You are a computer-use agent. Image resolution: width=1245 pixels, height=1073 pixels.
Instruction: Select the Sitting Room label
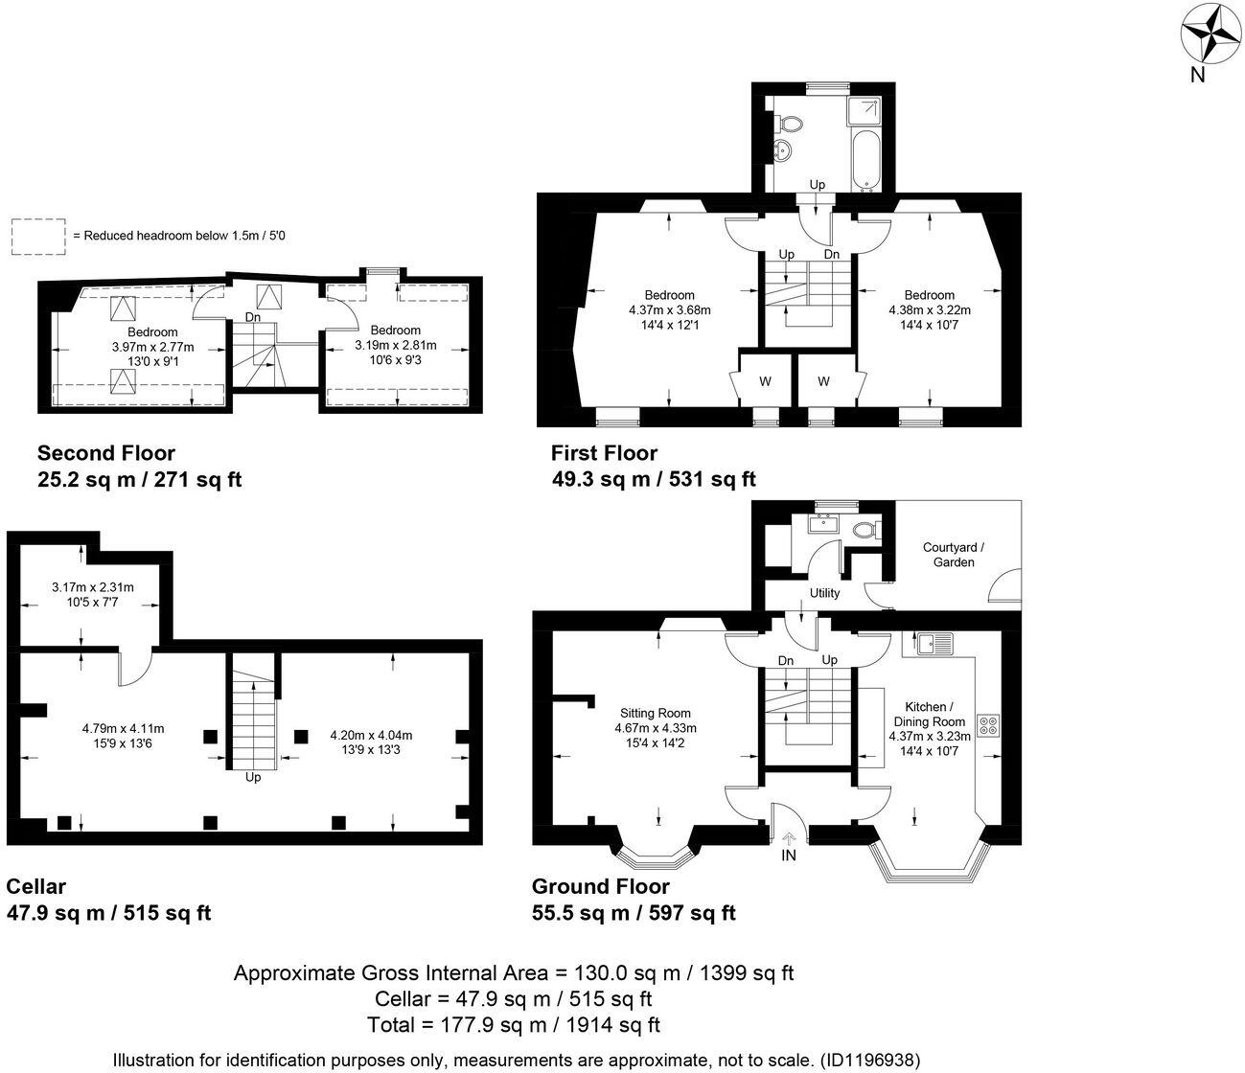655,713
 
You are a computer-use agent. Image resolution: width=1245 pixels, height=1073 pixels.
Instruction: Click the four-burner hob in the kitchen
988,724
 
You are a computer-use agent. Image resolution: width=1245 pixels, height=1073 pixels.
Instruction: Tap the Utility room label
824,593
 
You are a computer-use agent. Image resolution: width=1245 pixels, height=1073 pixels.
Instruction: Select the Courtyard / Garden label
954,555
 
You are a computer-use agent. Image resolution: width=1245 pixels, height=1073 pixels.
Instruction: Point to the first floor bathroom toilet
789,124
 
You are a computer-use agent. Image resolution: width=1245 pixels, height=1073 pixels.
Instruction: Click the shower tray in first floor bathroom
865,111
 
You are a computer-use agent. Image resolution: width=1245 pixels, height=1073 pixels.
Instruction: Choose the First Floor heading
604,452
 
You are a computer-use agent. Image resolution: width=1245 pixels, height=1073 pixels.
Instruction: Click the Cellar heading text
36,886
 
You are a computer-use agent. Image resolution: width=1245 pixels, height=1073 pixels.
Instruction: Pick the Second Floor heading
105,452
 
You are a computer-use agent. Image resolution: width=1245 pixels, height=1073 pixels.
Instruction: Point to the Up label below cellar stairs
253,777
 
